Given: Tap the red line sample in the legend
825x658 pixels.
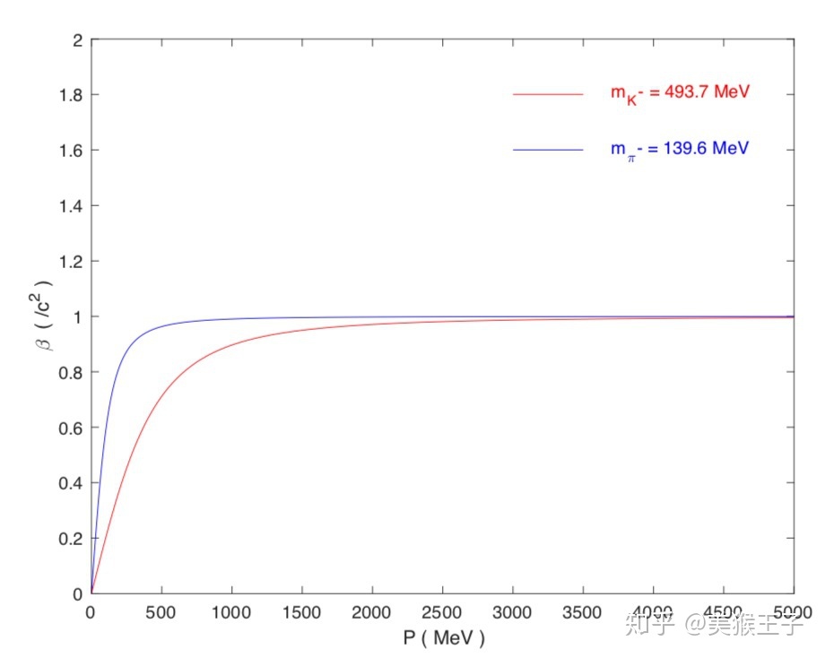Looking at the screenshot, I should coord(548,93).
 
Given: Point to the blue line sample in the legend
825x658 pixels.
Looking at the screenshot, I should coord(548,149).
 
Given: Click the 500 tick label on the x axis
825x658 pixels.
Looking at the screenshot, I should coord(161,612).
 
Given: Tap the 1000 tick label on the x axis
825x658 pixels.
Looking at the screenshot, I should coord(231,612).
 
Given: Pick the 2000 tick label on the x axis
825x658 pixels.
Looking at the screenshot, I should coord(372,612).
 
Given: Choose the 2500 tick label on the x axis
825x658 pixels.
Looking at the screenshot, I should coord(442,612).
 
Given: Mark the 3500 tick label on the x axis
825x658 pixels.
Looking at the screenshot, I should coord(583,612).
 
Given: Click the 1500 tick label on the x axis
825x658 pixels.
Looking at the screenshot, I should coord(301,612).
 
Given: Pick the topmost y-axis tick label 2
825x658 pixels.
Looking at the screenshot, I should coord(78,40).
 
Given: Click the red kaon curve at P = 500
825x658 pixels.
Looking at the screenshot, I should coord(161,397).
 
